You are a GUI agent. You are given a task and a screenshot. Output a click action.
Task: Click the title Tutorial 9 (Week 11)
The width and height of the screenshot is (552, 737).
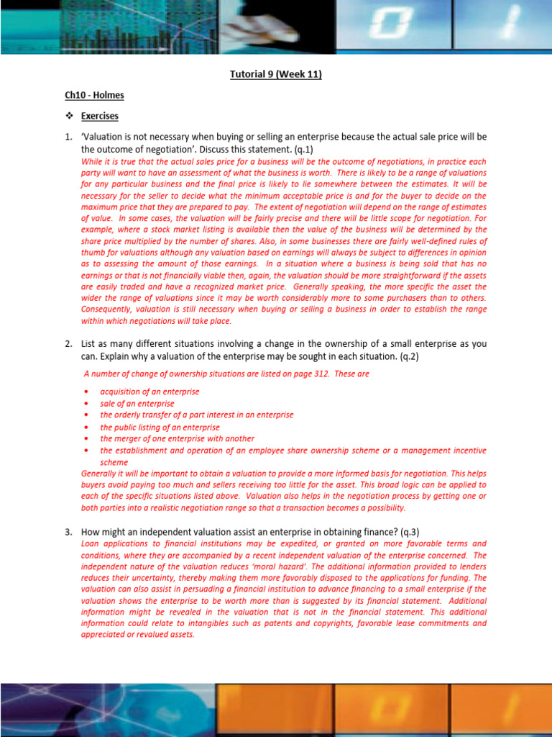click(276, 74)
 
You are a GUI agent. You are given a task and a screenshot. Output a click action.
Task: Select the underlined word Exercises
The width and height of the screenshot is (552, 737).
click(100, 116)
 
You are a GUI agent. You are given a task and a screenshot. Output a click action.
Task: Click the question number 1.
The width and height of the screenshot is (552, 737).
click(68, 137)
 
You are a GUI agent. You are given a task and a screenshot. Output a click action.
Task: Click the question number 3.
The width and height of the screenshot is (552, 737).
click(68, 531)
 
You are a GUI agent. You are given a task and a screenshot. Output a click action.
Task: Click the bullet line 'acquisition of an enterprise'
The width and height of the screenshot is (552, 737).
click(149, 392)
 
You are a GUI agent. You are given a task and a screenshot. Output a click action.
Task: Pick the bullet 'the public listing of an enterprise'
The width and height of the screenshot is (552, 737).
click(160, 427)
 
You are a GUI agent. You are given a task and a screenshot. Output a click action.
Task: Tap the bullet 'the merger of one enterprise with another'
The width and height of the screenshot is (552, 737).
click(177, 438)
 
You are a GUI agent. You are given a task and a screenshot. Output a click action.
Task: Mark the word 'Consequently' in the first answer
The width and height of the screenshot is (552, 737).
click(106, 309)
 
